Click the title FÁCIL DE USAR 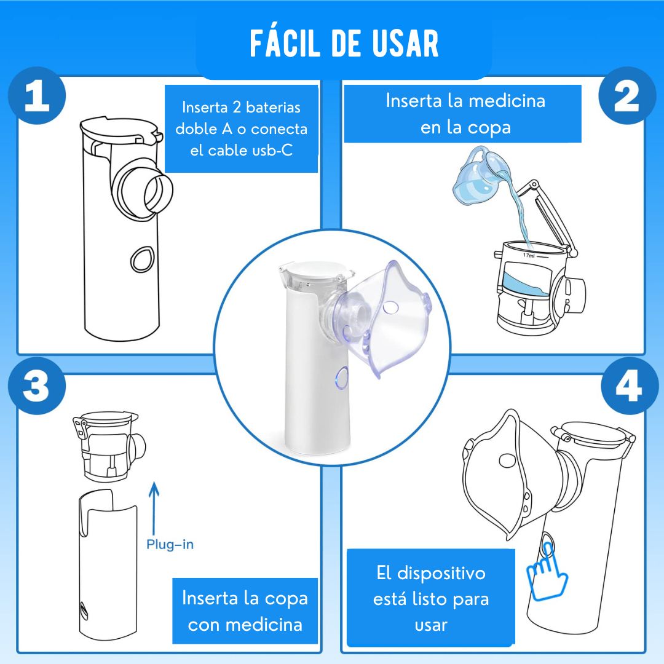pos(344,43)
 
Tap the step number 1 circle pos(38,96)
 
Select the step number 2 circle pos(627,96)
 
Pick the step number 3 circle pos(38,385)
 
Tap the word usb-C pos(272,151)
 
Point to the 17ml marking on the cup pos(529,255)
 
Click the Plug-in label pos(170,545)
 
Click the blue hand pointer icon pos(546,572)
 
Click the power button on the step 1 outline pos(141,259)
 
